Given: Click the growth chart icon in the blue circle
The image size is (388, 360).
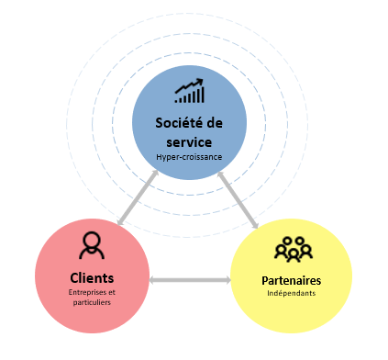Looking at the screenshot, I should [189, 91].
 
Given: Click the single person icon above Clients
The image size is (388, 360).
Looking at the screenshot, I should [91, 246].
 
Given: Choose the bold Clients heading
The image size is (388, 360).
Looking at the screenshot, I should [92, 277].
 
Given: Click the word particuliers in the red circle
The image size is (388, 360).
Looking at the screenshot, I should [91, 302].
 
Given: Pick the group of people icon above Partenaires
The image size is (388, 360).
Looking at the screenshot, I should [294, 250].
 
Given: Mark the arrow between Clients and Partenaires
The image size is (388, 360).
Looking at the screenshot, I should [190, 279].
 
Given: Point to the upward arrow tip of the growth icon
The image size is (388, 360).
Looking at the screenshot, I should [201, 83].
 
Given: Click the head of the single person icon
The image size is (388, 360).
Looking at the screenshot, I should [91, 241].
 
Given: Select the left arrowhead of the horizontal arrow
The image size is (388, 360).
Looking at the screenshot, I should [154, 279].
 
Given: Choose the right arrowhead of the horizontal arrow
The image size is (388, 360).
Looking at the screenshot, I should [227, 279].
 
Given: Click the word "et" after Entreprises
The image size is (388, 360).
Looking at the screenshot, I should [113, 292].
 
